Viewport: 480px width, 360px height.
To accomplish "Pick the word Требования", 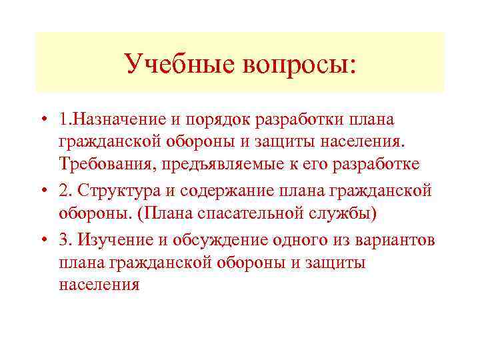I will (x=101, y=164).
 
